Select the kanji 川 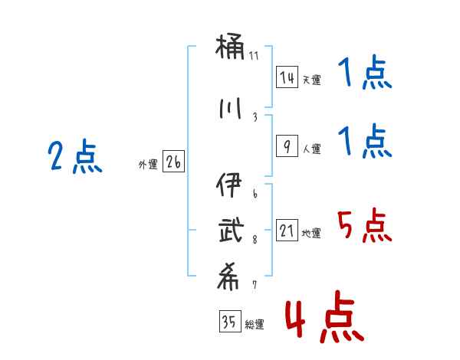tap(231, 109)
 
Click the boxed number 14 tap(287, 77)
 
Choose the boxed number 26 tap(174, 162)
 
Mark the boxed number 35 tap(228, 322)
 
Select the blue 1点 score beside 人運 tap(364, 142)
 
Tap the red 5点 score tap(364, 226)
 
